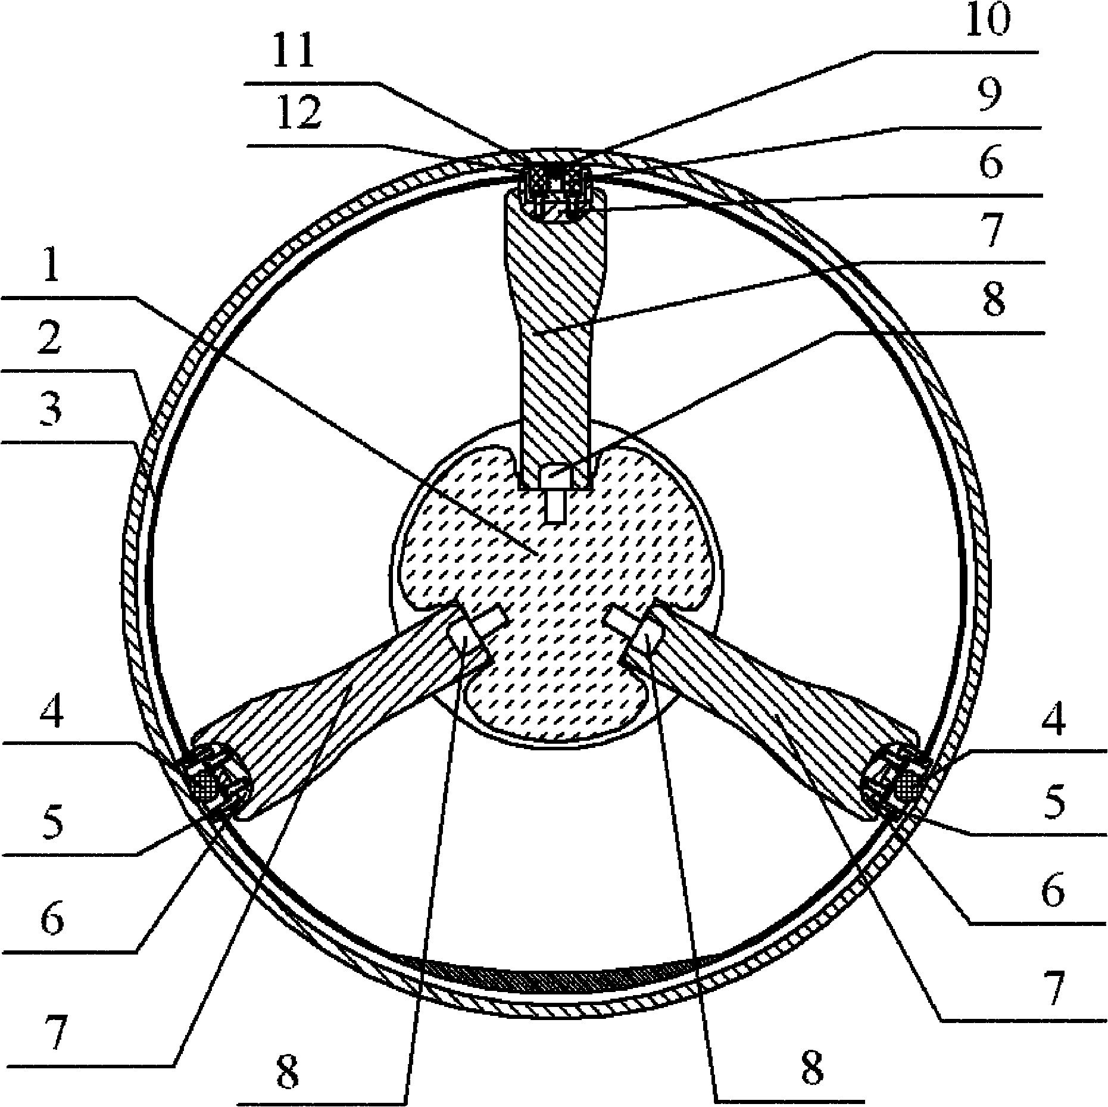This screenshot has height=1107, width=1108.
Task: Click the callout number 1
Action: [51, 269]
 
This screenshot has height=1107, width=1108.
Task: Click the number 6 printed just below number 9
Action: [990, 162]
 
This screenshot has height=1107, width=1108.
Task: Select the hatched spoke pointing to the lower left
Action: [345, 715]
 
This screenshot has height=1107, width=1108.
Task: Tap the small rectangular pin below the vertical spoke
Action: [555, 507]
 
